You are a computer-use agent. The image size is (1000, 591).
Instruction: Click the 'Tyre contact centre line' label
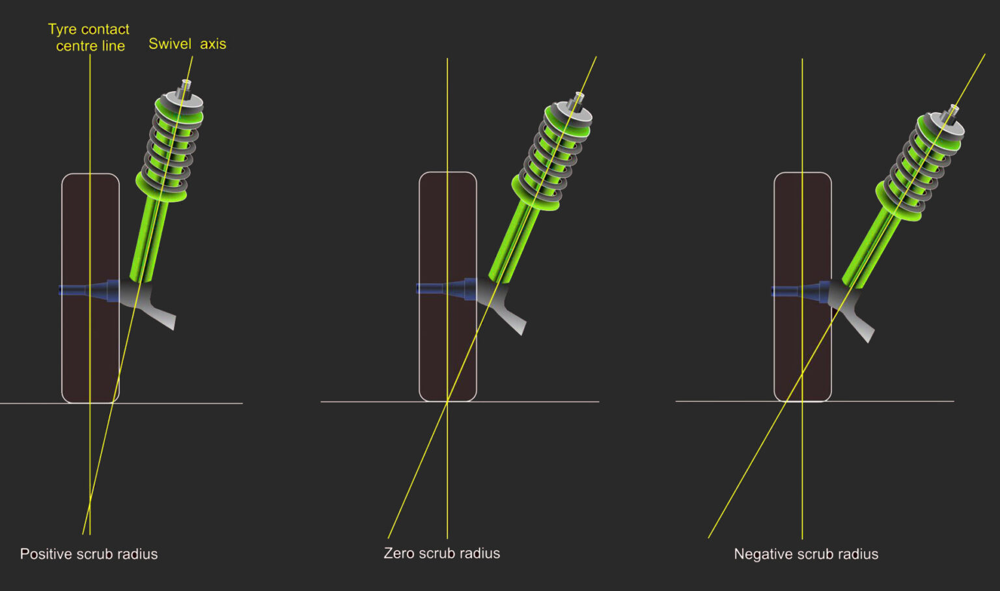[x=89, y=38]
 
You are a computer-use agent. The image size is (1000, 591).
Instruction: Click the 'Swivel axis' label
[x=187, y=44]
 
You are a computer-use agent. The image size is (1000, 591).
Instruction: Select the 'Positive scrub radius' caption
[x=89, y=554]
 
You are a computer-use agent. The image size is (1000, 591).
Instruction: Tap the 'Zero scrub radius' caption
[x=441, y=553]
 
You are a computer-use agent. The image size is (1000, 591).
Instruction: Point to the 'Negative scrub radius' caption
[x=806, y=554]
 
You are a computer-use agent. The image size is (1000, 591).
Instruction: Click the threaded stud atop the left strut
[x=186, y=85]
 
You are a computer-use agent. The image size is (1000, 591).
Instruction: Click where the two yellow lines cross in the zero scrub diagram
[x=448, y=402]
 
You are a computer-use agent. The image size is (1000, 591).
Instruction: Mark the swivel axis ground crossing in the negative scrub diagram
[x=786, y=401]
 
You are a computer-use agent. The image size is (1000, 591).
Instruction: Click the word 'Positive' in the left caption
[x=46, y=554]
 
